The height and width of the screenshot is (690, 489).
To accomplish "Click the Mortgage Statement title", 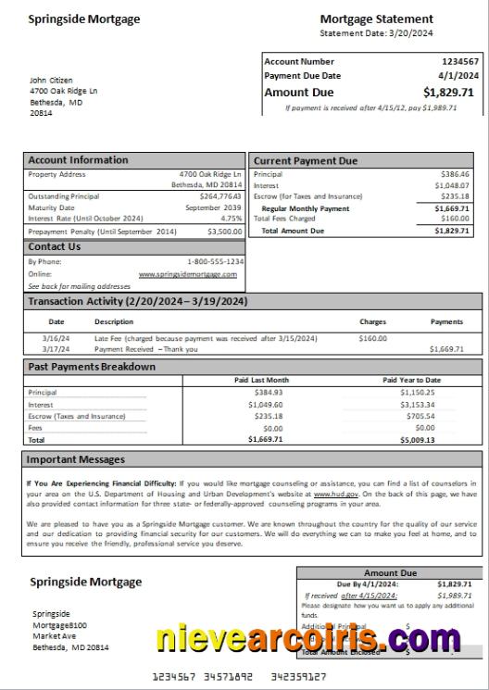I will pos(376,19).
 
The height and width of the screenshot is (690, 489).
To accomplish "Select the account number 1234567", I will pos(460,62).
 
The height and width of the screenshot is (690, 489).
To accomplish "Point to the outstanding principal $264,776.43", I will pos(220,196).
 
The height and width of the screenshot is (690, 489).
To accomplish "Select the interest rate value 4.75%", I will pos(231,219).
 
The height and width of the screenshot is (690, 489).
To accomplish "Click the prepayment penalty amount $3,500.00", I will pos(224,232).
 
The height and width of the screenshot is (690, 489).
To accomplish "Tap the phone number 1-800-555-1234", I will pos(215,262).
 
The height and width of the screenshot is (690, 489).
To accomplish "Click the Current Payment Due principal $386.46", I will pos(455,174).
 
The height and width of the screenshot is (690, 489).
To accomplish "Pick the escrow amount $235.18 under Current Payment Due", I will pos(455,196).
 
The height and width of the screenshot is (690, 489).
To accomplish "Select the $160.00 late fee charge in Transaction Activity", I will pos(372,339).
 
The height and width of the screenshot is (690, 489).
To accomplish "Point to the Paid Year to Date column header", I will pos(411,380).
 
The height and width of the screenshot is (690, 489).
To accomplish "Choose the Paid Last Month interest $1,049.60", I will pos(265,405).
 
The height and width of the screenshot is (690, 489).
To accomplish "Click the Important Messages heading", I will pos(75,459).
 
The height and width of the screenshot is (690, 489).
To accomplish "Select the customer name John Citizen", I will pos(51,81).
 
